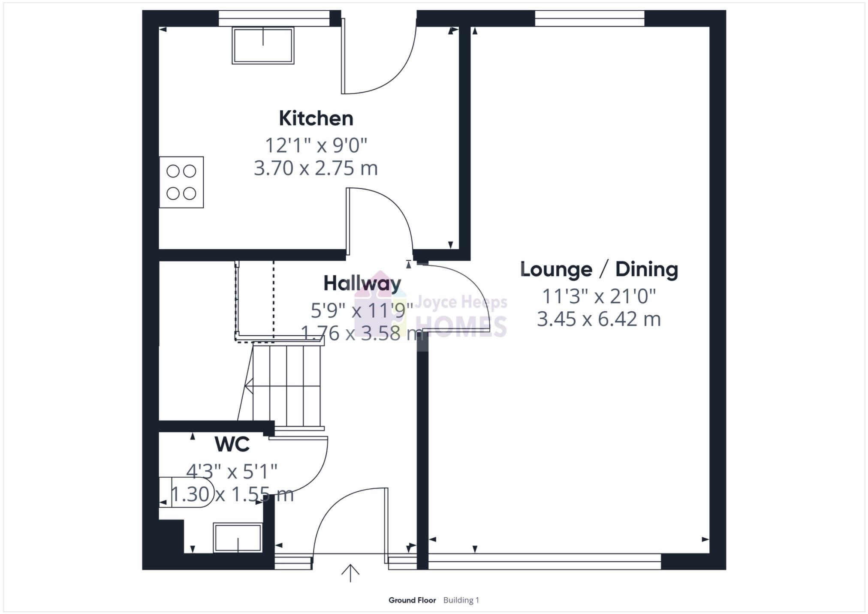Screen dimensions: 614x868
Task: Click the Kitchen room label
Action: coord(316,118)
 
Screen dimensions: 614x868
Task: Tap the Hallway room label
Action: coord(362,283)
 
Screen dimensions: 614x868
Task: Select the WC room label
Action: coord(232,444)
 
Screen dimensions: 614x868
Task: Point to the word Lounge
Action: coord(556,270)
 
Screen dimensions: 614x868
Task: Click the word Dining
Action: coord(647,270)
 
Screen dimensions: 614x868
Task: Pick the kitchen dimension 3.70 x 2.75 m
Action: coord(316,168)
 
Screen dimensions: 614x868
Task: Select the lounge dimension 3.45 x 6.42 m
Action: coord(599,319)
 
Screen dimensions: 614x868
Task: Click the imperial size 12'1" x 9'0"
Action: coord(316,145)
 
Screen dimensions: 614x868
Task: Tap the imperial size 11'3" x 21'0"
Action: coord(599,296)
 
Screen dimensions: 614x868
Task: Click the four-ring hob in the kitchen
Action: coord(181,182)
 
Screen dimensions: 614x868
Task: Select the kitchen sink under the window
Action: coord(263,45)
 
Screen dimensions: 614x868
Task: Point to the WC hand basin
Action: coord(238,538)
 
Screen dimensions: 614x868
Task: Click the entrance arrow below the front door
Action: coord(350,573)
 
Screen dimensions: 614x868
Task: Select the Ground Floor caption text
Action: coord(412,600)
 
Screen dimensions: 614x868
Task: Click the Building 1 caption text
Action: coord(461,600)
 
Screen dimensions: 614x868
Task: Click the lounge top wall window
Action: coord(590,18)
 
